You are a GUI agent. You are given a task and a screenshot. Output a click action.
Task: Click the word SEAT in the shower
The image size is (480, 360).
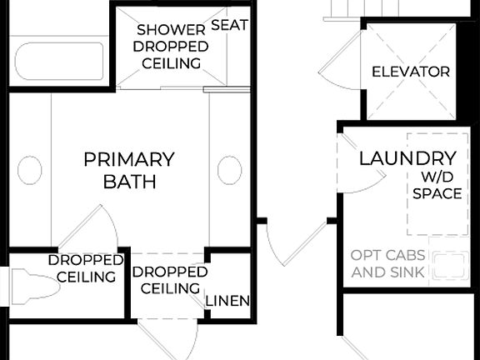pos(229,25)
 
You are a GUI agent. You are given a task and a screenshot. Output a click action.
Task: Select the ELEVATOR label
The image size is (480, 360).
pos(410,72)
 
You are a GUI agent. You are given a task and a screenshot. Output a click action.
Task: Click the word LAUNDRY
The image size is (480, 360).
pos(407,157)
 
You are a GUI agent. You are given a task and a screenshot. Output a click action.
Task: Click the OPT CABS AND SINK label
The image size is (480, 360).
pos(387,264)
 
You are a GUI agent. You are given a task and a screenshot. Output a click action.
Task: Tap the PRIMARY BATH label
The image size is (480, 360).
pos(129,170)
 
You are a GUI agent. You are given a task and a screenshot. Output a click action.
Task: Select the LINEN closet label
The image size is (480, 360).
pos(227,300)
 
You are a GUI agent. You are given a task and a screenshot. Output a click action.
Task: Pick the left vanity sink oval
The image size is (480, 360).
pos(29,171)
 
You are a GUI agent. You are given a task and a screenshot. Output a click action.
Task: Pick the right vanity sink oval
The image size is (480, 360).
pos(229,171)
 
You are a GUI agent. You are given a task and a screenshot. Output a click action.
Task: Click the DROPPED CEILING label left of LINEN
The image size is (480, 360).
pos(170,280)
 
